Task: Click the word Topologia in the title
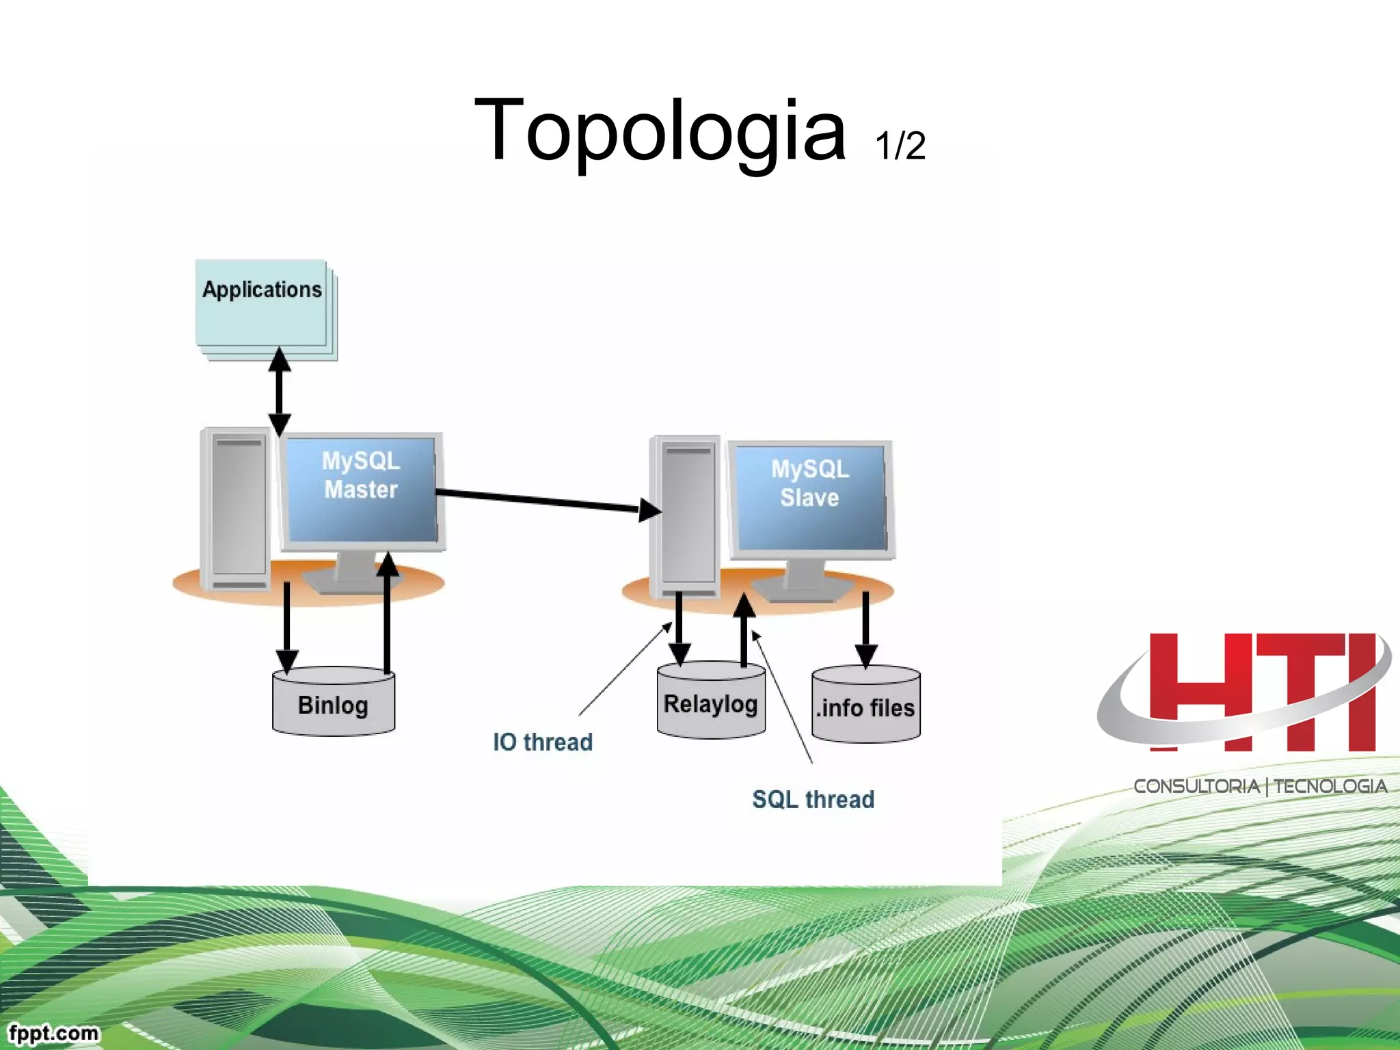[x=660, y=130]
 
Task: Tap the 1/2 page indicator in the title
[x=900, y=146]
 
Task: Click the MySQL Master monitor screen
[x=361, y=489]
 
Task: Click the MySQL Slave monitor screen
[x=810, y=496]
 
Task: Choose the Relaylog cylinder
[x=711, y=702]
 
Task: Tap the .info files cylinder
[x=865, y=706]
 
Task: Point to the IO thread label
[x=543, y=742]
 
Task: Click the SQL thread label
[x=813, y=799]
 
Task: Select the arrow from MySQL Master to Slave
[x=540, y=500]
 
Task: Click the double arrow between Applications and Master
[x=279, y=391]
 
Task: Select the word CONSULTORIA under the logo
[x=1196, y=787]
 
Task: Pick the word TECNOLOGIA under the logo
[x=1330, y=787]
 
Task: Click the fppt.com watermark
[x=53, y=1032]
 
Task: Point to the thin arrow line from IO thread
[x=623, y=670]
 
